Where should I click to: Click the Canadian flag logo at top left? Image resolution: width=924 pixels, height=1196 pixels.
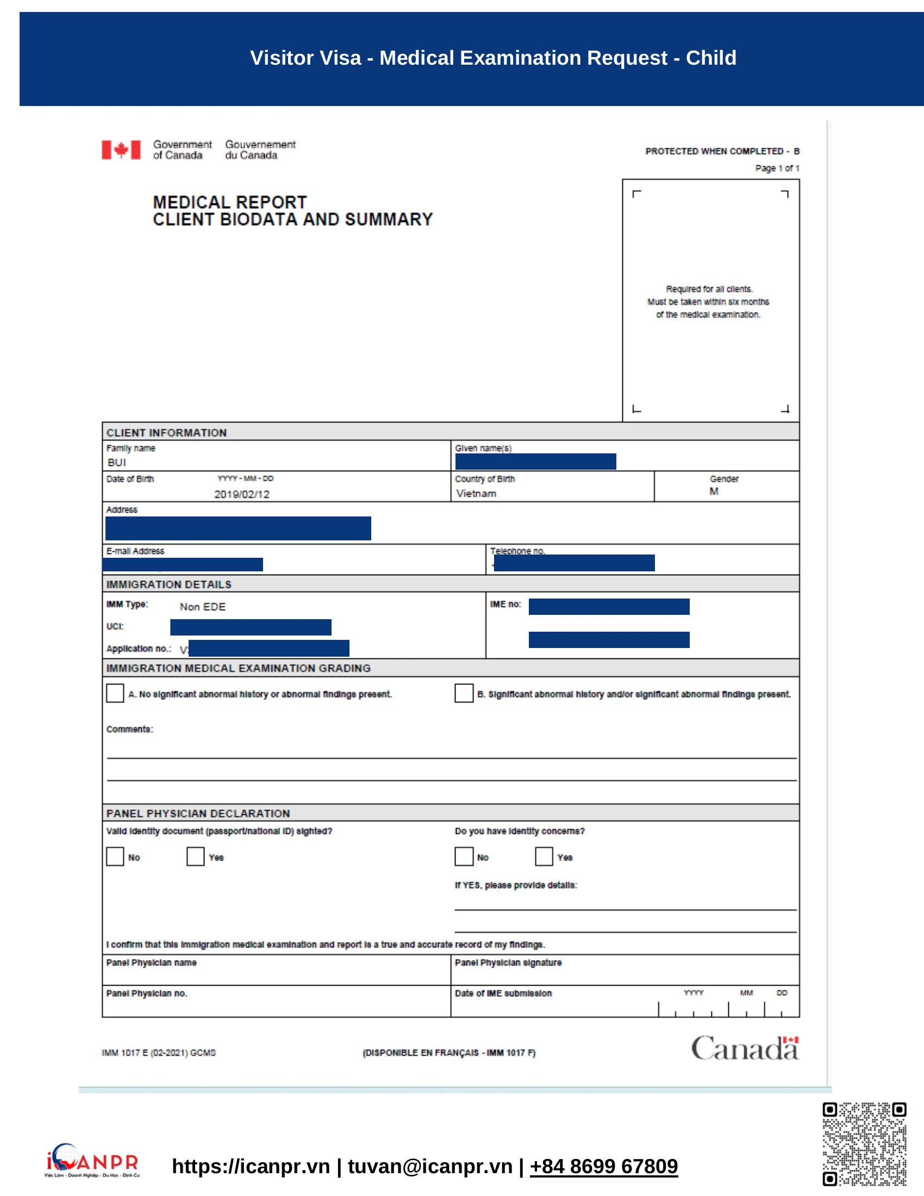tap(121, 149)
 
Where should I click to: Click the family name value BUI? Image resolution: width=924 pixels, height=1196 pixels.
tap(117, 463)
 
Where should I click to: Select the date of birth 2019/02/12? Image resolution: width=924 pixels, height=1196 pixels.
tap(241, 494)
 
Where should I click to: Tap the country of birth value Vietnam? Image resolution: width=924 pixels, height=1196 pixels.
tap(476, 494)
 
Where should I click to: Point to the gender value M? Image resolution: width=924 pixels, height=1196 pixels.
tap(713, 491)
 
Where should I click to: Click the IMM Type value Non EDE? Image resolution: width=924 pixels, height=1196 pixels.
tap(203, 607)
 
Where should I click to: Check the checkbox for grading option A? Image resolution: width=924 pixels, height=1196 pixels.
tap(115, 693)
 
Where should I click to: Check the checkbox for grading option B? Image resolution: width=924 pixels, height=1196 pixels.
tap(464, 693)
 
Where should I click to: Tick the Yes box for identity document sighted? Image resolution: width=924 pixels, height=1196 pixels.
tap(196, 856)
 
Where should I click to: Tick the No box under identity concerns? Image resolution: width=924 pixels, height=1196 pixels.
tap(464, 856)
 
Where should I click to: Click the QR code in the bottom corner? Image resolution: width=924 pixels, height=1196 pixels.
tap(864, 1144)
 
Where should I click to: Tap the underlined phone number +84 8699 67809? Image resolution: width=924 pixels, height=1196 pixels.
tap(603, 1167)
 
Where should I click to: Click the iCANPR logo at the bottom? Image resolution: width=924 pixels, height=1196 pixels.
tap(92, 1161)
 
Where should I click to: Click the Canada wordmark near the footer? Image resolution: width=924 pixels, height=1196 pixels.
tap(745, 1048)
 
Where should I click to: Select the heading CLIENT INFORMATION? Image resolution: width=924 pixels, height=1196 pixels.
tap(166, 433)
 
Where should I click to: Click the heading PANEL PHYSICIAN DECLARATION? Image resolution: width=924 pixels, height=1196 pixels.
tap(198, 813)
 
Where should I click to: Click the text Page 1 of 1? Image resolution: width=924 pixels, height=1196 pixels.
tap(777, 168)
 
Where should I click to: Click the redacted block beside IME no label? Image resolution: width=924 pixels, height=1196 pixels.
tap(609, 607)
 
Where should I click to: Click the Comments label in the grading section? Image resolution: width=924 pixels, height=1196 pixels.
tap(130, 730)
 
